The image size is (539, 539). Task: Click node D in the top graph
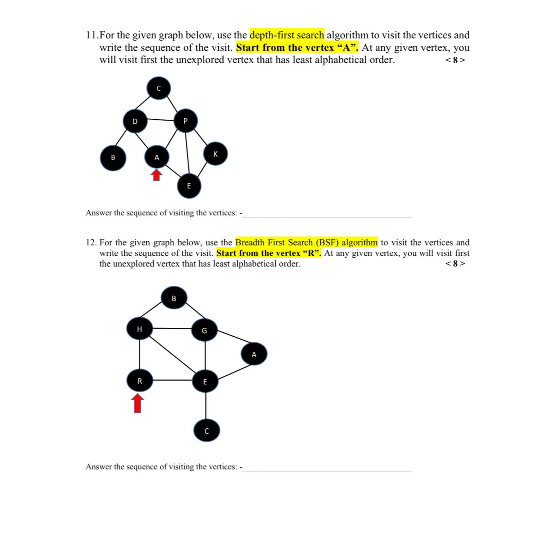[x=135, y=121]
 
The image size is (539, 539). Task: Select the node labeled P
[x=185, y=121]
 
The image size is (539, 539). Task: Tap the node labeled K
[x=216, y=154]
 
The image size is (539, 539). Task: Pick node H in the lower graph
[x=139, y=329]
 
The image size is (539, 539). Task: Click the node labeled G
[x=204, y=331]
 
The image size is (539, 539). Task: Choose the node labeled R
[x=139, y=381]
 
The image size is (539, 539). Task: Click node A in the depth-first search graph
[x=157, y=157]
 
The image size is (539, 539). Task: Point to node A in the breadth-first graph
[x=254, y=354]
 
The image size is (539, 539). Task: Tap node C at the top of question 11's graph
[x=159, y=88]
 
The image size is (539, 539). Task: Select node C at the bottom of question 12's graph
[x=207, y=431]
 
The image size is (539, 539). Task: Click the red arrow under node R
[x=138, y=403]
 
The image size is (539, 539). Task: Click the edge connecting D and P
[x=160, y=119]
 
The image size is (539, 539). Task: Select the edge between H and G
[x=172, y=328]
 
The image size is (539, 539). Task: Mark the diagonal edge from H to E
[x=172, y=354]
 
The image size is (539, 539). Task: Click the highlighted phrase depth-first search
[x=287, y=35]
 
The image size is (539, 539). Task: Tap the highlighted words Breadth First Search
[x=275, y=242]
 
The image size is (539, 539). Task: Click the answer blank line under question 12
[x=327, y=470]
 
